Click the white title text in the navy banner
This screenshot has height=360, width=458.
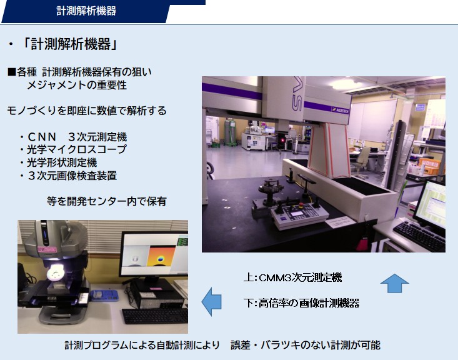coord(86,11)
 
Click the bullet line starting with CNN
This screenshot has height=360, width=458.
coord(73,137)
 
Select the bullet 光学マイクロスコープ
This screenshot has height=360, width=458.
coord(73,149)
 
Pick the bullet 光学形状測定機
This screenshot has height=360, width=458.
coord(58,162)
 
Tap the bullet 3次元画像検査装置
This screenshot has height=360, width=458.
coord(68,176)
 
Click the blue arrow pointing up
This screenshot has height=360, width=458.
coord(395,284)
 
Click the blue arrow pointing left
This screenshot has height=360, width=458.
coord(211,302)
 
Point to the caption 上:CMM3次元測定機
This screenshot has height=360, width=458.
coord(292,277)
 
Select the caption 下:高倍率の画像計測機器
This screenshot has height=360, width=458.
coord(301,303)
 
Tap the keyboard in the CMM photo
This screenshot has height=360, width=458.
coord(419,235)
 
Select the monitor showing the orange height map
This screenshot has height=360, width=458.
coord(153,254)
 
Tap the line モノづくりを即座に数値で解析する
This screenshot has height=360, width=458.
coord(87,111)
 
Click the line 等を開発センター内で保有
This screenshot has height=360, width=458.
coord(107,201)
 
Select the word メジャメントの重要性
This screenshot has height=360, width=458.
coord(77,85)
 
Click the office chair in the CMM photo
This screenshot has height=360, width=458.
coord(362,161)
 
